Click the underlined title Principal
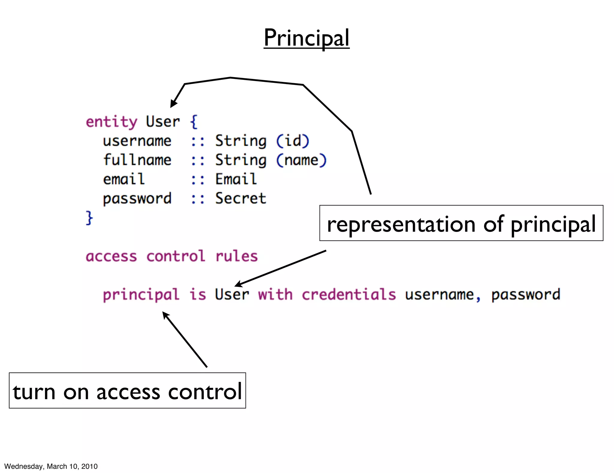306,38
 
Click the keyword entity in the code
112,122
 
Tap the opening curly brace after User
194,122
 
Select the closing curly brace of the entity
89,218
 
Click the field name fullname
137,160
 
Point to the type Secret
240,198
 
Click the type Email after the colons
236,179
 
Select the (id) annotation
292,141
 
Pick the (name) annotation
301,160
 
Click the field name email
124,179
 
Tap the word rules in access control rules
237,256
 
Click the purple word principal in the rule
141,295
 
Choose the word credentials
349,294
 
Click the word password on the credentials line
526,295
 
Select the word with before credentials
275,294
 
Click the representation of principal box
461,223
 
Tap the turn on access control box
127,391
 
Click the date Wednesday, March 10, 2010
51,466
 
